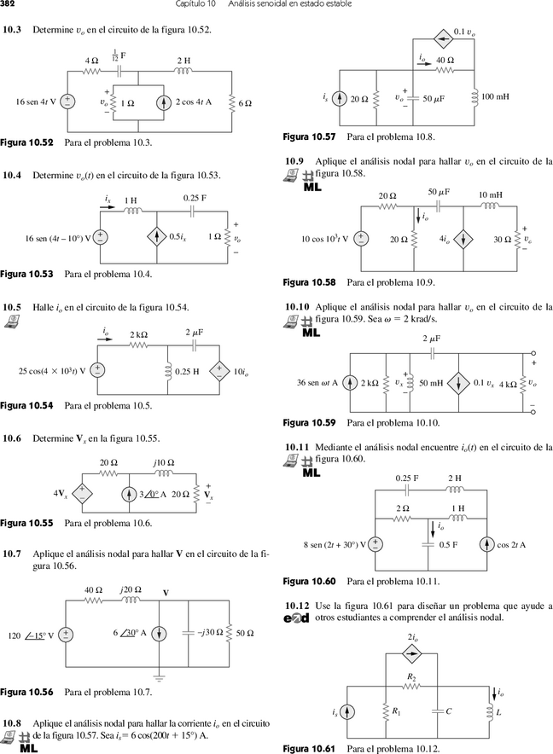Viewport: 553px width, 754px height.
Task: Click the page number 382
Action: click(7, 4)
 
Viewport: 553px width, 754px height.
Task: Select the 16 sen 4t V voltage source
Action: click(67, 102)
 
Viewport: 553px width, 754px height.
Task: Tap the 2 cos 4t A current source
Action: click(164, 102)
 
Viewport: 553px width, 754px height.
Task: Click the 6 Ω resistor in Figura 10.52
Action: click(231, 102)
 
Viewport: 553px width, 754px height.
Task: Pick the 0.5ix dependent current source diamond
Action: click(157, 237)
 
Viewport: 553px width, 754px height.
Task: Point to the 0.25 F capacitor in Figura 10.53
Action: click(193, 211)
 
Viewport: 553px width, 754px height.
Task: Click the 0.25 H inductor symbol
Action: click(167, 372)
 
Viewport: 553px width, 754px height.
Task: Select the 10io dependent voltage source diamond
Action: click(219, 371)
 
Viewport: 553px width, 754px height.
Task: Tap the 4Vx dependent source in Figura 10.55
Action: click(82, 493)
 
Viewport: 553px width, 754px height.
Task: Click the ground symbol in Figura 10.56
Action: click(160, 678)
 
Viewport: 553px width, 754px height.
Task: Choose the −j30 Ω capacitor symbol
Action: click(189, 633)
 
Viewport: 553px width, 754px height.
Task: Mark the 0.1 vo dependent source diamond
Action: click(442, 38)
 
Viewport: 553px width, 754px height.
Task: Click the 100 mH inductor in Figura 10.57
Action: click(474, 97)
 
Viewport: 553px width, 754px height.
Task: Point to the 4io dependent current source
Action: click(463, 239)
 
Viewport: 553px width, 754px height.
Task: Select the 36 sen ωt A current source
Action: click(350, 383)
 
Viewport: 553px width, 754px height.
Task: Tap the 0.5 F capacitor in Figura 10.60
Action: click(428, 544)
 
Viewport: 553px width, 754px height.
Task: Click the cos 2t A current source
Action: click(487, 544)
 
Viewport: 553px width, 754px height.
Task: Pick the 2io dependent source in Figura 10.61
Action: click(411, 653)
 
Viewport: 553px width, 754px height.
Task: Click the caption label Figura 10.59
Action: click(309, 423)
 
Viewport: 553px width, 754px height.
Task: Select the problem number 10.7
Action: click(12, 554)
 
